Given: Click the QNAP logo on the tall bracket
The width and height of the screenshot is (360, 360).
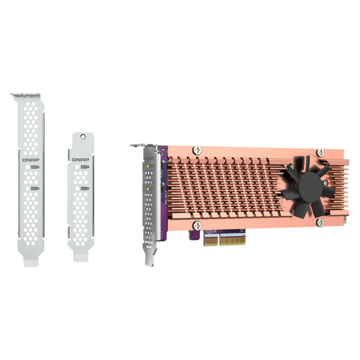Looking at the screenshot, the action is [31, 160].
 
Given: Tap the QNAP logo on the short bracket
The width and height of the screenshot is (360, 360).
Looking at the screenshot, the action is [81, 160].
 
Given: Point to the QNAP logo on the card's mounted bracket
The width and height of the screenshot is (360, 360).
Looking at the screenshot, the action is [149, 159].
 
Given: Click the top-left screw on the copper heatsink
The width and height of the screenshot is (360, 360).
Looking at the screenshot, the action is [197, 150].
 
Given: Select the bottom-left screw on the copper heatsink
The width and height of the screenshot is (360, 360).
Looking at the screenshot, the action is [197, 225].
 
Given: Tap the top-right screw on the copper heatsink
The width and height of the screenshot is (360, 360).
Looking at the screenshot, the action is [320, 152].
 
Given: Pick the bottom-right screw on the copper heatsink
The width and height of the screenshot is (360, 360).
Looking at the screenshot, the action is [320, 222].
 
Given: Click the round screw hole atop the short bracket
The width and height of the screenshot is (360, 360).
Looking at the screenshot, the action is [83, 137].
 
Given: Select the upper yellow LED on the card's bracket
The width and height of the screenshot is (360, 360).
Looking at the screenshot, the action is [148, 165].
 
